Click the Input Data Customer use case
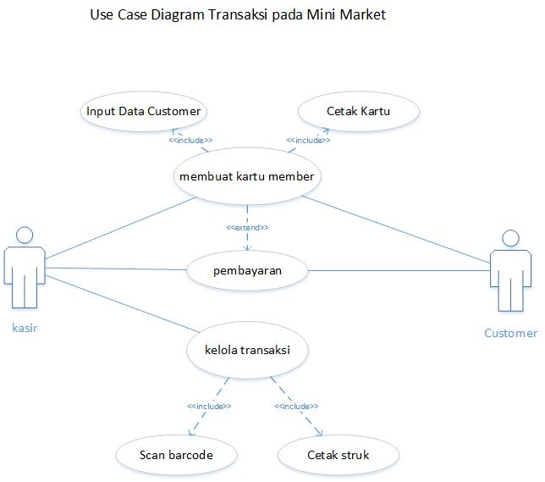(x=144, y=111)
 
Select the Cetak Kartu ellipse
(x=358, y=111)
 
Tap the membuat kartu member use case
(x=247, y=176)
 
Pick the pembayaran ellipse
(x=246, y=270)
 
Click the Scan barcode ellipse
(x=176, y=455)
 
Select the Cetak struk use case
(x=338, y=455)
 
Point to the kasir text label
(x=25, y=327)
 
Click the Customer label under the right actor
(x=510, y=333)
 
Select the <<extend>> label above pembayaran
(x=247, y=227)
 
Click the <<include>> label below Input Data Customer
(x=190, y=140)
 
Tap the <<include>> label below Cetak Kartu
(x=308, y=140)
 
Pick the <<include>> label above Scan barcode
(x=209, y=406)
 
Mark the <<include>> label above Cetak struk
(x=296, y=406)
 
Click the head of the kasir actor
(x=25, y=235)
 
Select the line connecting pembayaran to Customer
(x=398, y=271)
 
